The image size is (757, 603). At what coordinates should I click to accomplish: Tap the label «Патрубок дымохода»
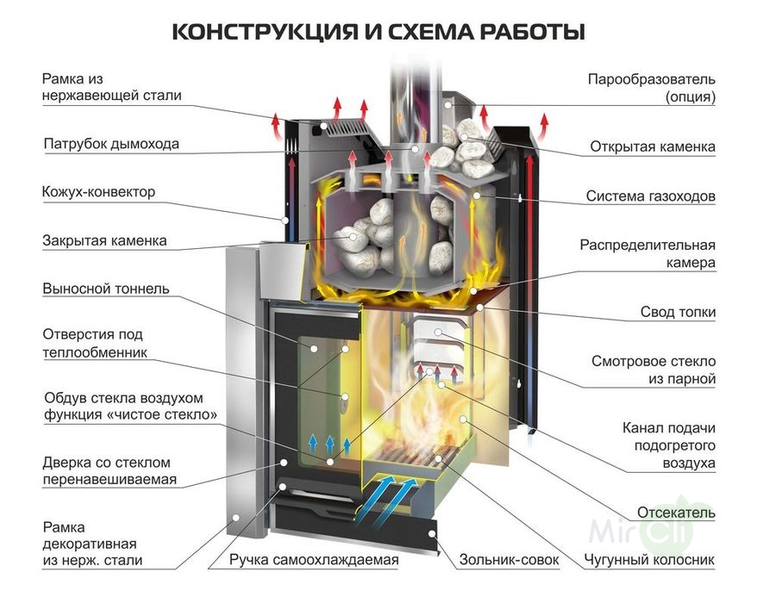pos(111,144)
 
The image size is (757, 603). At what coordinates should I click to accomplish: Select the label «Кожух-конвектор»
pos(98,191)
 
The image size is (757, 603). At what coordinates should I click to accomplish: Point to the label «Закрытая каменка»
pos(104,240)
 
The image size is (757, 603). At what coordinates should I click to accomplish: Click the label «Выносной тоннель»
pos(106,289)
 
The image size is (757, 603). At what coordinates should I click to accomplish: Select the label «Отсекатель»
pos(676,513)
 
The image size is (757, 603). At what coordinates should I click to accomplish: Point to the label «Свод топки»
pos(678,312)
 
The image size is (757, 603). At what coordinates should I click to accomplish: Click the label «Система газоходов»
pos(651,196)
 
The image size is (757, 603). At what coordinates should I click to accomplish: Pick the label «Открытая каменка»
pos(653,146)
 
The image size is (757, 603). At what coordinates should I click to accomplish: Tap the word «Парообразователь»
pos(652,79)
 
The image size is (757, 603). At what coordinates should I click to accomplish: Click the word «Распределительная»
pos(648,244)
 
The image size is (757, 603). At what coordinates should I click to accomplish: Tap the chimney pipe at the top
pos(411,86)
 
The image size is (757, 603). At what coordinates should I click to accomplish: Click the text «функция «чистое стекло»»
pos(129,415)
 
